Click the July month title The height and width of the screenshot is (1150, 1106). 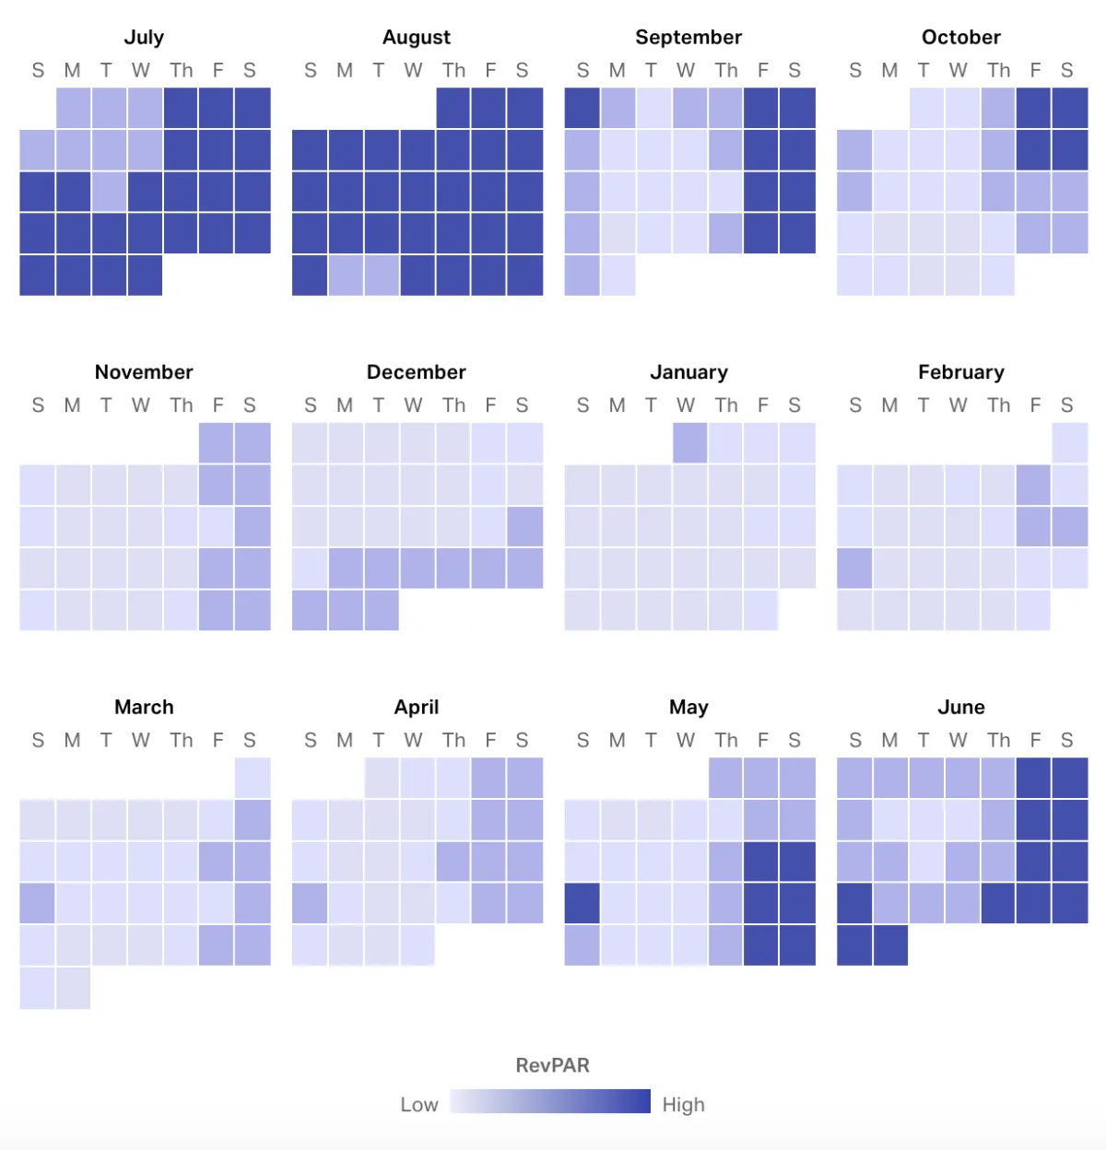tap(144, 38)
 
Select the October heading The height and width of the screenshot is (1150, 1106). tap(960, 38)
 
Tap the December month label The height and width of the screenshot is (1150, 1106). tap(416, 372)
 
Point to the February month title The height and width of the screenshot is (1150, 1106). tap(960, 372)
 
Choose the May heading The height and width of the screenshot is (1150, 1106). tap(688, 708)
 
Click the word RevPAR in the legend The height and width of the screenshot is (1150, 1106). tap(552, 1065)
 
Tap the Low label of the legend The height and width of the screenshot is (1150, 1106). tap(418, 1105)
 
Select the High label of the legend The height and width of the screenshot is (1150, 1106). tap(683, 1105)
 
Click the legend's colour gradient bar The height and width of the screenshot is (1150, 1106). tap(550, 1101)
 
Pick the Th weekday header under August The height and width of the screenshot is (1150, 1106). tap(453, 71)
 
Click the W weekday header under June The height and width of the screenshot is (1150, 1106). tap(959, 741)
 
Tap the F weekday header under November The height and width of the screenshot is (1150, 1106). tap(218, 405)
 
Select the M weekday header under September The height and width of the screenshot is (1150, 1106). tap(617, 71)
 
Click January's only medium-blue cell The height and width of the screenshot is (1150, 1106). tap(690, 443)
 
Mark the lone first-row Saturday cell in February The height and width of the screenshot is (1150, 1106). tap(1070, 443)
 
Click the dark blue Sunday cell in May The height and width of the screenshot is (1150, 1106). tap(582, 903)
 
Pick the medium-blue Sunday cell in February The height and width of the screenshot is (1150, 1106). tap(854, 569)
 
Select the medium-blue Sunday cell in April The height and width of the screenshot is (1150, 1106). tap(310, 903)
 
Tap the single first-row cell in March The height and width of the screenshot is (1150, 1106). tap(253, 778)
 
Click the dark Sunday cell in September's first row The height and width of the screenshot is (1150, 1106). tap(582, 108)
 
